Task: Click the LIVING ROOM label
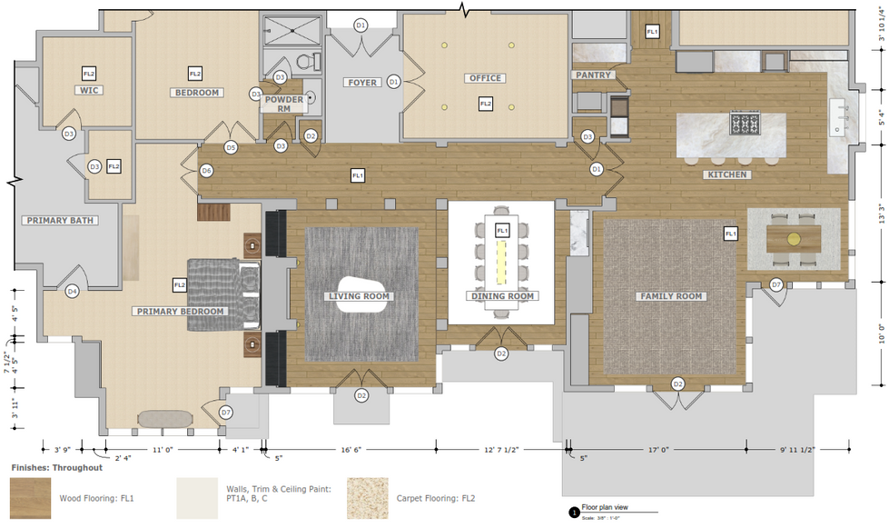[x=360, y=296]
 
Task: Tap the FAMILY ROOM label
[x=673, y=296]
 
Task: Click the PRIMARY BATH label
[x=59, y=220]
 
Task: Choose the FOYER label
[x=361, y=83]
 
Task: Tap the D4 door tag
[x=72, y=291]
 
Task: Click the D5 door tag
[x=231, y=147]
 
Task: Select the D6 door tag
[x=206, y=170]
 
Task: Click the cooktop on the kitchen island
[x=746, y=122]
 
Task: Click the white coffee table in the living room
[x=361, y=294]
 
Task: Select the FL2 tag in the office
[x=485, y=105]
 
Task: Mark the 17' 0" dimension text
[x=658, y=449]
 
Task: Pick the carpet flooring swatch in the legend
[x=366, y=497]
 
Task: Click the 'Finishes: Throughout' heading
[x=56, y=468]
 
